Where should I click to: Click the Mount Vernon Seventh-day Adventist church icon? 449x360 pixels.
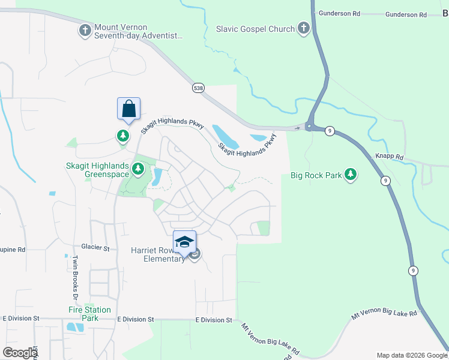tap(85, 29)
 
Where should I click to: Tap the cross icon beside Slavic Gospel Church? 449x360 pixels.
tap(304, 28)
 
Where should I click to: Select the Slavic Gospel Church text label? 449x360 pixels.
tap(256, 29)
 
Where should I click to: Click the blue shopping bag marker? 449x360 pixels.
tap(128, 109)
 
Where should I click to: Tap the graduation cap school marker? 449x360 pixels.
tap(184, 242)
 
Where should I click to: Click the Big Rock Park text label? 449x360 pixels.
tap(316, 175)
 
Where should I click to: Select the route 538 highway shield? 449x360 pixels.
tap(198, 88)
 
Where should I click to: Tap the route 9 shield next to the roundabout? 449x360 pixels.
tap(330, 130)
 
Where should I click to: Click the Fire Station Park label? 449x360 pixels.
tap(88, 314)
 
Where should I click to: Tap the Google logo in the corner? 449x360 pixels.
tap(20, 352)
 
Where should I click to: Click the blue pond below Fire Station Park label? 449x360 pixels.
tap(76, 328)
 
